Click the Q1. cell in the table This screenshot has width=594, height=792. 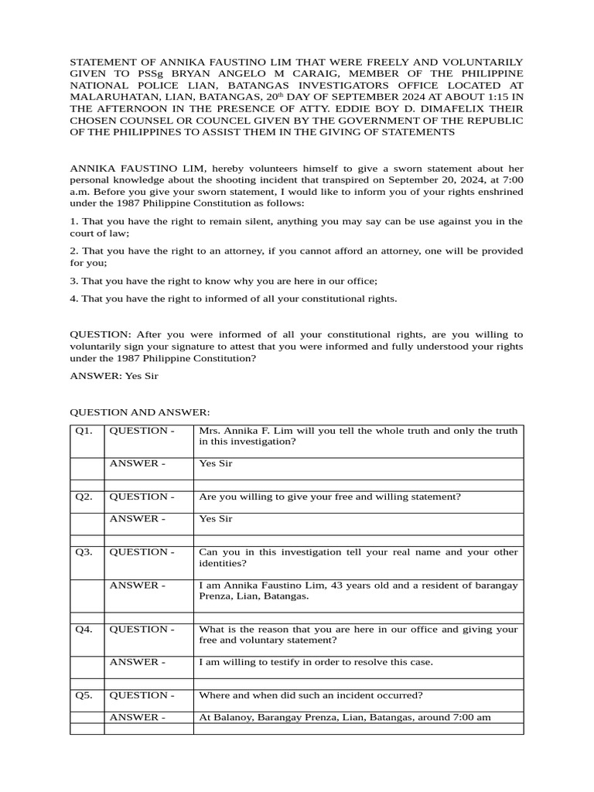click(x=84, y=431)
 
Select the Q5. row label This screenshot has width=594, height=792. click(x=84, y=695)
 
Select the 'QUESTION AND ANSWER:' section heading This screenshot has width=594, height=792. click(x=140, y=413)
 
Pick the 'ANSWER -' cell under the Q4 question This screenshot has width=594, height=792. click(x=137, y=663)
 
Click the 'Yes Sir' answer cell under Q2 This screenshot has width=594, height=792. click(x=216, y=519)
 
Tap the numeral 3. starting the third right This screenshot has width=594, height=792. click(x=74, y=281)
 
